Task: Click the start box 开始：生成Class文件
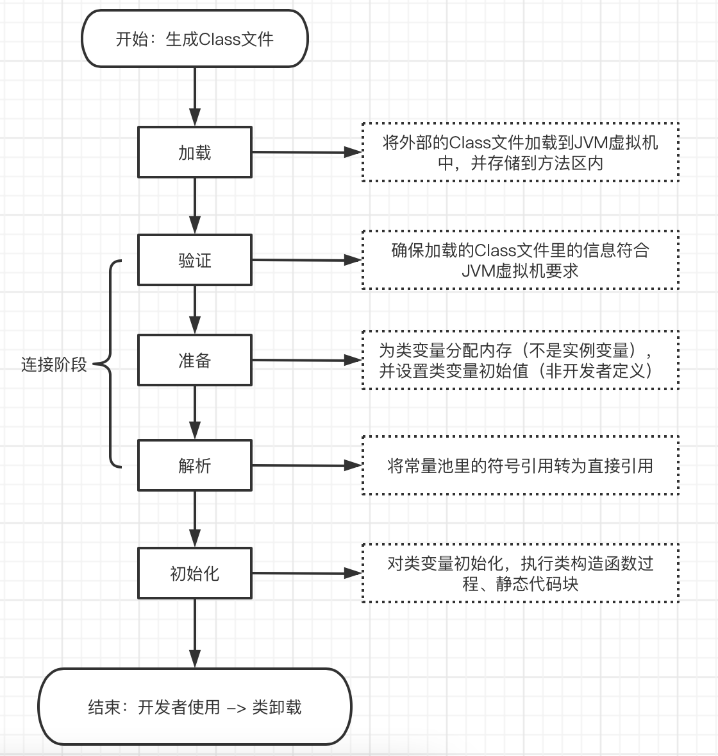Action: click(x=194, y=39)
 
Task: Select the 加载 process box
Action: click(x=194, y=152)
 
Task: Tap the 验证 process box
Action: click(x=194, y=260)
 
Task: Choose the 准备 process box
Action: click(x=194, y=360)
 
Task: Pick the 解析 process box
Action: click(x=194, y=465)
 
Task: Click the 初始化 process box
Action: click(x=194, y=573)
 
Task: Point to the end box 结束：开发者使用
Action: click(x=194, y=707)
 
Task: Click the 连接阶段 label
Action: click(x=54, y=365)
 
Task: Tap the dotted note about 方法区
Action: click(x=520, y=152)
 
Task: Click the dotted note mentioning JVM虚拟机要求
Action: click(x=520, y=260)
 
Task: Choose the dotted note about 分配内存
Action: click(x=520, y=360)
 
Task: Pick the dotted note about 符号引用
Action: click(x=520, y=465)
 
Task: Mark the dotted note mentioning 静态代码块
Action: click(x=520, y=573)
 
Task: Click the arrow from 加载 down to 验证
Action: click(x=195, y=205)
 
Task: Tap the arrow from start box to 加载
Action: click(x=195, y=96)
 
